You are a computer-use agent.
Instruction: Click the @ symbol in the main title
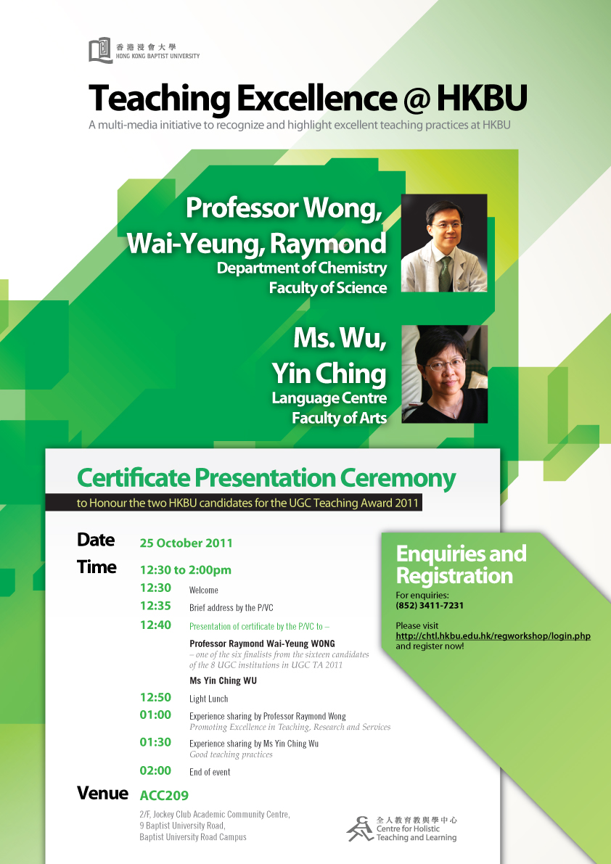(417, 99)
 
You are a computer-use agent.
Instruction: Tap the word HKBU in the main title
(482, 98)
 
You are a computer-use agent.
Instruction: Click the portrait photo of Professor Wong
(444, 243)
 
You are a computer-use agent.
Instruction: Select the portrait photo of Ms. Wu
(445, 374)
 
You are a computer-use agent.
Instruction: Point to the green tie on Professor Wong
(445, 274)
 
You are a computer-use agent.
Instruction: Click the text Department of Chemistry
(302, 268)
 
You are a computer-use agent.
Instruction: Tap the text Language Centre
(329, 398)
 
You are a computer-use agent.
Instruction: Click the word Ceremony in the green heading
(398, 478)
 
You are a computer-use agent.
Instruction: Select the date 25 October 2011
(186, 543)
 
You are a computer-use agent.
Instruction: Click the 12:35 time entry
(155, 606)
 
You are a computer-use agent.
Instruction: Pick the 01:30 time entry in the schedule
(155, 742)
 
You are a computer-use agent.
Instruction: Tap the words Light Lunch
(209, 699)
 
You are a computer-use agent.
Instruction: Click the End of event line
(210, 772)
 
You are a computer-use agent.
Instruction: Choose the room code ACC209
(164, 796)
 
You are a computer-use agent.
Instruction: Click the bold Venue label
(102, 794)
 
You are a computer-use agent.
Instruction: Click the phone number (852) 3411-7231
(430, 605)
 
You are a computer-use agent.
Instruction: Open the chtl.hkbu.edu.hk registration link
(493, 636)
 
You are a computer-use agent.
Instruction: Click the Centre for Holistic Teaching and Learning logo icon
(361, 828)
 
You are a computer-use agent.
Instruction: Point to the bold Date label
(96, 540)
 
